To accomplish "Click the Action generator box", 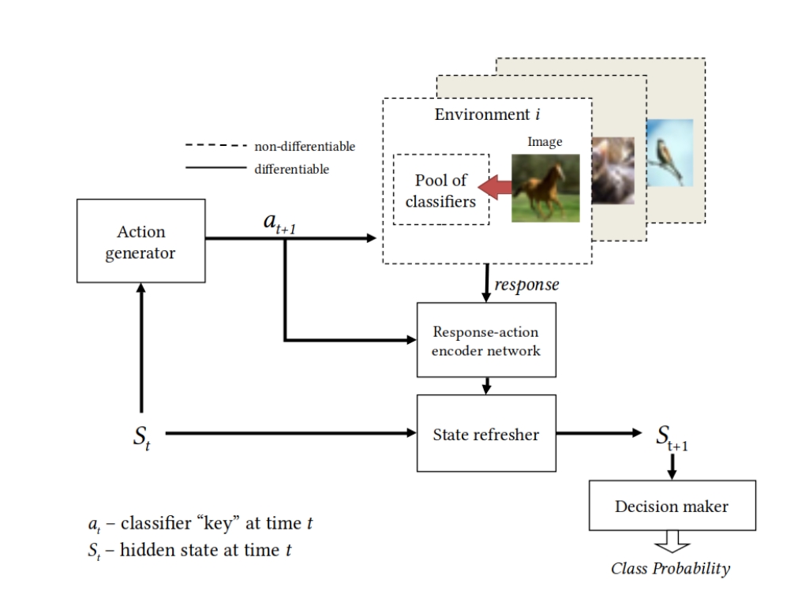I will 140,241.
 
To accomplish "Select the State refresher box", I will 486,433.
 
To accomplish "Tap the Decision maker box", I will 672,505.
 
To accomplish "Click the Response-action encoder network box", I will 486,340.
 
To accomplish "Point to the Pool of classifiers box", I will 440,190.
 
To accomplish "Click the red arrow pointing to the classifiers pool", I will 495,189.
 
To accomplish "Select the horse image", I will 545,188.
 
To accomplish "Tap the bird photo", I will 669,152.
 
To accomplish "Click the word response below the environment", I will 526,284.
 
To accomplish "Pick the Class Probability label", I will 671,568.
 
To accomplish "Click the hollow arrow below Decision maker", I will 672,544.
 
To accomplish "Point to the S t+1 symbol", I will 672,436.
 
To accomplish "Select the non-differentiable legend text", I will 305,146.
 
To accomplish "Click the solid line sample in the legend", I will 215,168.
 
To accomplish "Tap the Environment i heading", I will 487,114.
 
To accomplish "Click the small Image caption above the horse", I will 545,142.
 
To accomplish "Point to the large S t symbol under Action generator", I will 141,436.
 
